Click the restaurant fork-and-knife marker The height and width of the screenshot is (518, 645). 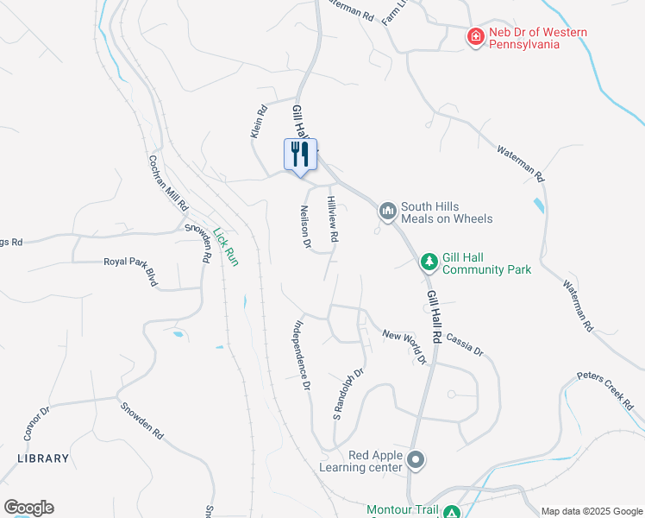click(300, 155)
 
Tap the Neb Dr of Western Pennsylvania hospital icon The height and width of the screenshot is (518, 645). click(474, 37)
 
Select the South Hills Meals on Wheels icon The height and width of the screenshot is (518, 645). click(387, 210)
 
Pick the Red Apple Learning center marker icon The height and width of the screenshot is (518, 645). click(416, 460)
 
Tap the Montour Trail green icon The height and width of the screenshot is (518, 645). click(450, 512)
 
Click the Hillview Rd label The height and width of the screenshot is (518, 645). click(331, 217)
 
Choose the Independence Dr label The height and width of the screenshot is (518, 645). click(300, 357)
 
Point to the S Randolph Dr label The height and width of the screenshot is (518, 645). click(349, 395)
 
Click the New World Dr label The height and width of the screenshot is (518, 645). click(405, 346)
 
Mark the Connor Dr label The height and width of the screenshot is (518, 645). click(32, 424)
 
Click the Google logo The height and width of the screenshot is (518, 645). click(28, 508)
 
